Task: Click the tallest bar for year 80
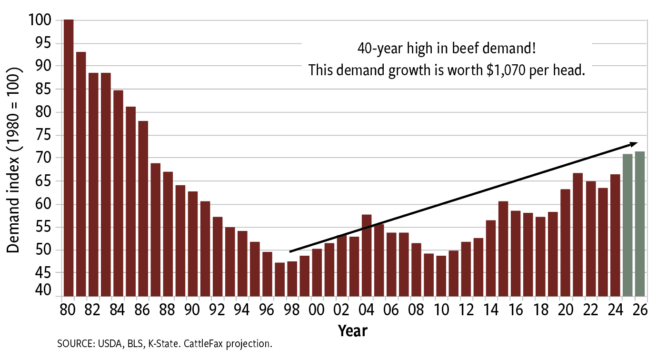pos(69,157)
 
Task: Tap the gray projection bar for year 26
pos(640,224)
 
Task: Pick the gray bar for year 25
pos(627,225)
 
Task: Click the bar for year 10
pos(441,276)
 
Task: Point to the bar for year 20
pos(565,242)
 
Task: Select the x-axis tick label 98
pos(292,310)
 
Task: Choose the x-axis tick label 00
pos(317,310)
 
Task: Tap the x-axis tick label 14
pos(491,310)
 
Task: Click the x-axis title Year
pos(353,330)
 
